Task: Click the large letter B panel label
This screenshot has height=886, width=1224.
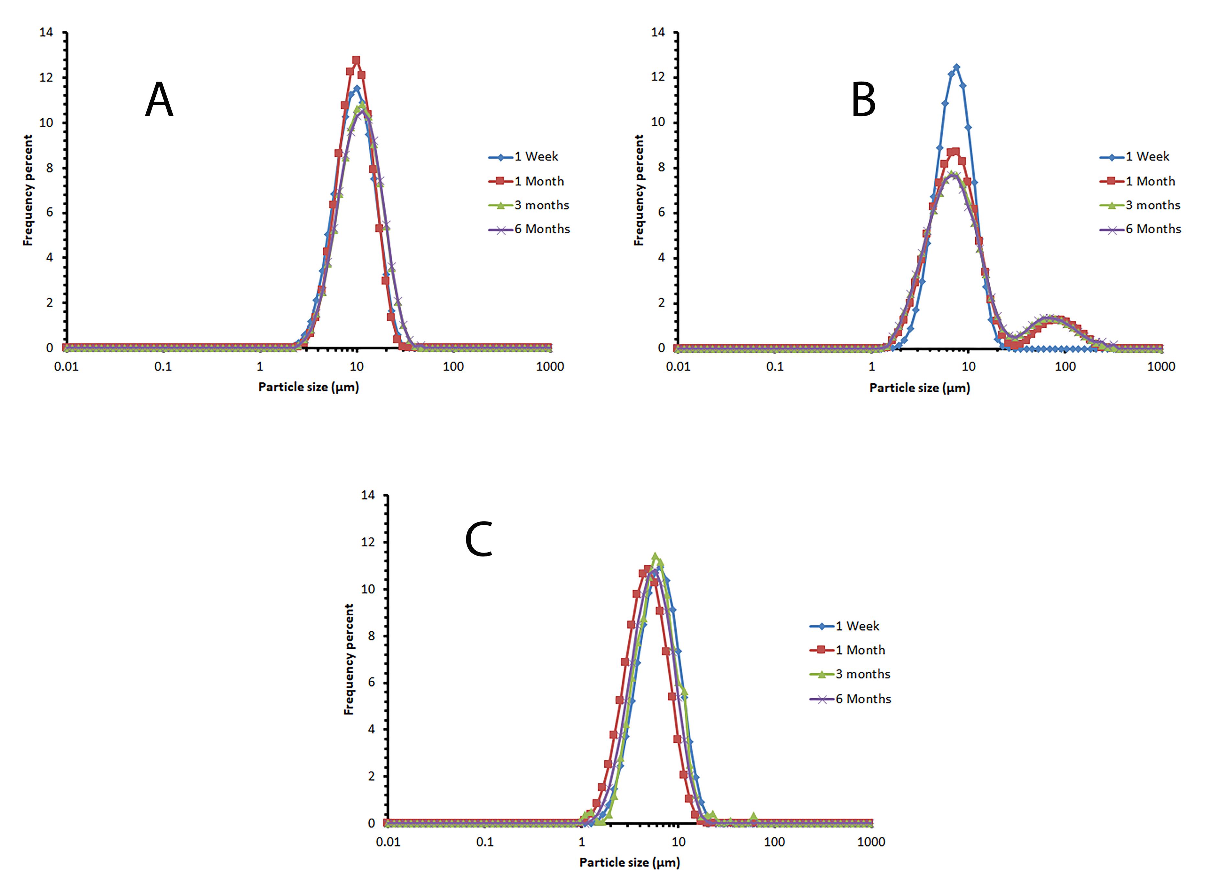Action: pos(863,100)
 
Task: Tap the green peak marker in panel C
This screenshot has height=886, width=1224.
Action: pos(655,556)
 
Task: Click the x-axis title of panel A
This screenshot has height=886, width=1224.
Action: pos(308,387)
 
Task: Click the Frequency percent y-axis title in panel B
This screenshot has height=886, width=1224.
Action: pos(639,190)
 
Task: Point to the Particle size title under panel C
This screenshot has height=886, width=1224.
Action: pos(629,862)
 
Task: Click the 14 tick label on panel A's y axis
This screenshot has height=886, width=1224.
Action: pos(46,32)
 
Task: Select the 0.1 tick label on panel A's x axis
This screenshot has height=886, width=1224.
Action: pos(163,367)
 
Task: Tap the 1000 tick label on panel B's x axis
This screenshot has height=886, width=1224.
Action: pos(1161,367)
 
